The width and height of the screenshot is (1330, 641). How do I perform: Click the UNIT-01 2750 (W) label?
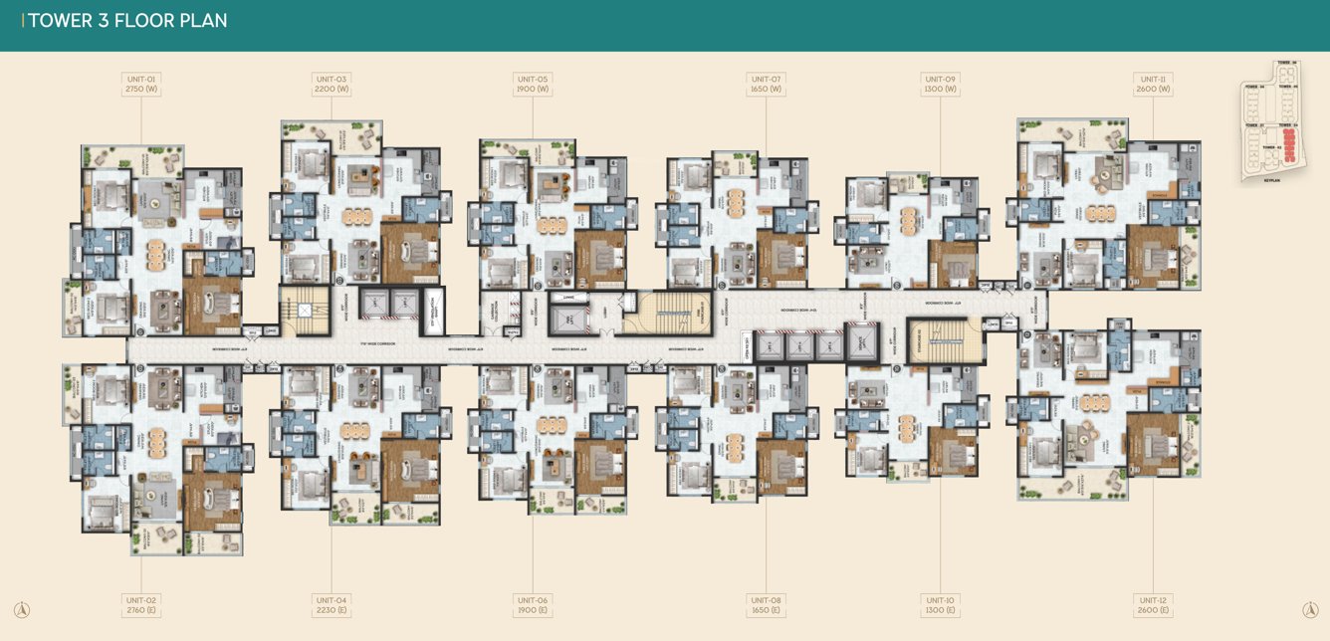(141, 84)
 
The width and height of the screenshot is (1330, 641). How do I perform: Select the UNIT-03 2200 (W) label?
(331, 84)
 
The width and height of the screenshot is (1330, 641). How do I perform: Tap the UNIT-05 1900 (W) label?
(533, 84)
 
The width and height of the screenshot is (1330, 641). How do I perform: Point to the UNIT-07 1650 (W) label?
(766, 84)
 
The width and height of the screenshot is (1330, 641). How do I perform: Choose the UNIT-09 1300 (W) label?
(940, 84)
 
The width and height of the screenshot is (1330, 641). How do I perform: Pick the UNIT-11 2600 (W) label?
(1153, 84)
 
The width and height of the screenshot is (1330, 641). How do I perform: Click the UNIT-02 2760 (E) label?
(141, 605)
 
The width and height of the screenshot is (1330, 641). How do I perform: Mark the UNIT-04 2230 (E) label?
(331, 605)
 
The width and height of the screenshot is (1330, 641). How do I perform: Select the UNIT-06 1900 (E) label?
(533, 605)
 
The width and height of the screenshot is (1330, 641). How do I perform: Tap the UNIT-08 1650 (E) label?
(766, 605)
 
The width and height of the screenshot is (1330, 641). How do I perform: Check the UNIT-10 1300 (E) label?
(940, 605)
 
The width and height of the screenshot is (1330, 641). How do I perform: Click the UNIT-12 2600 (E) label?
(1153, 605)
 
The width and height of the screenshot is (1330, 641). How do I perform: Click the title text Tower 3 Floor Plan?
(127, 21)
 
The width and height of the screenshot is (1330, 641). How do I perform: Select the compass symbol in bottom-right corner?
(1310, 609)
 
